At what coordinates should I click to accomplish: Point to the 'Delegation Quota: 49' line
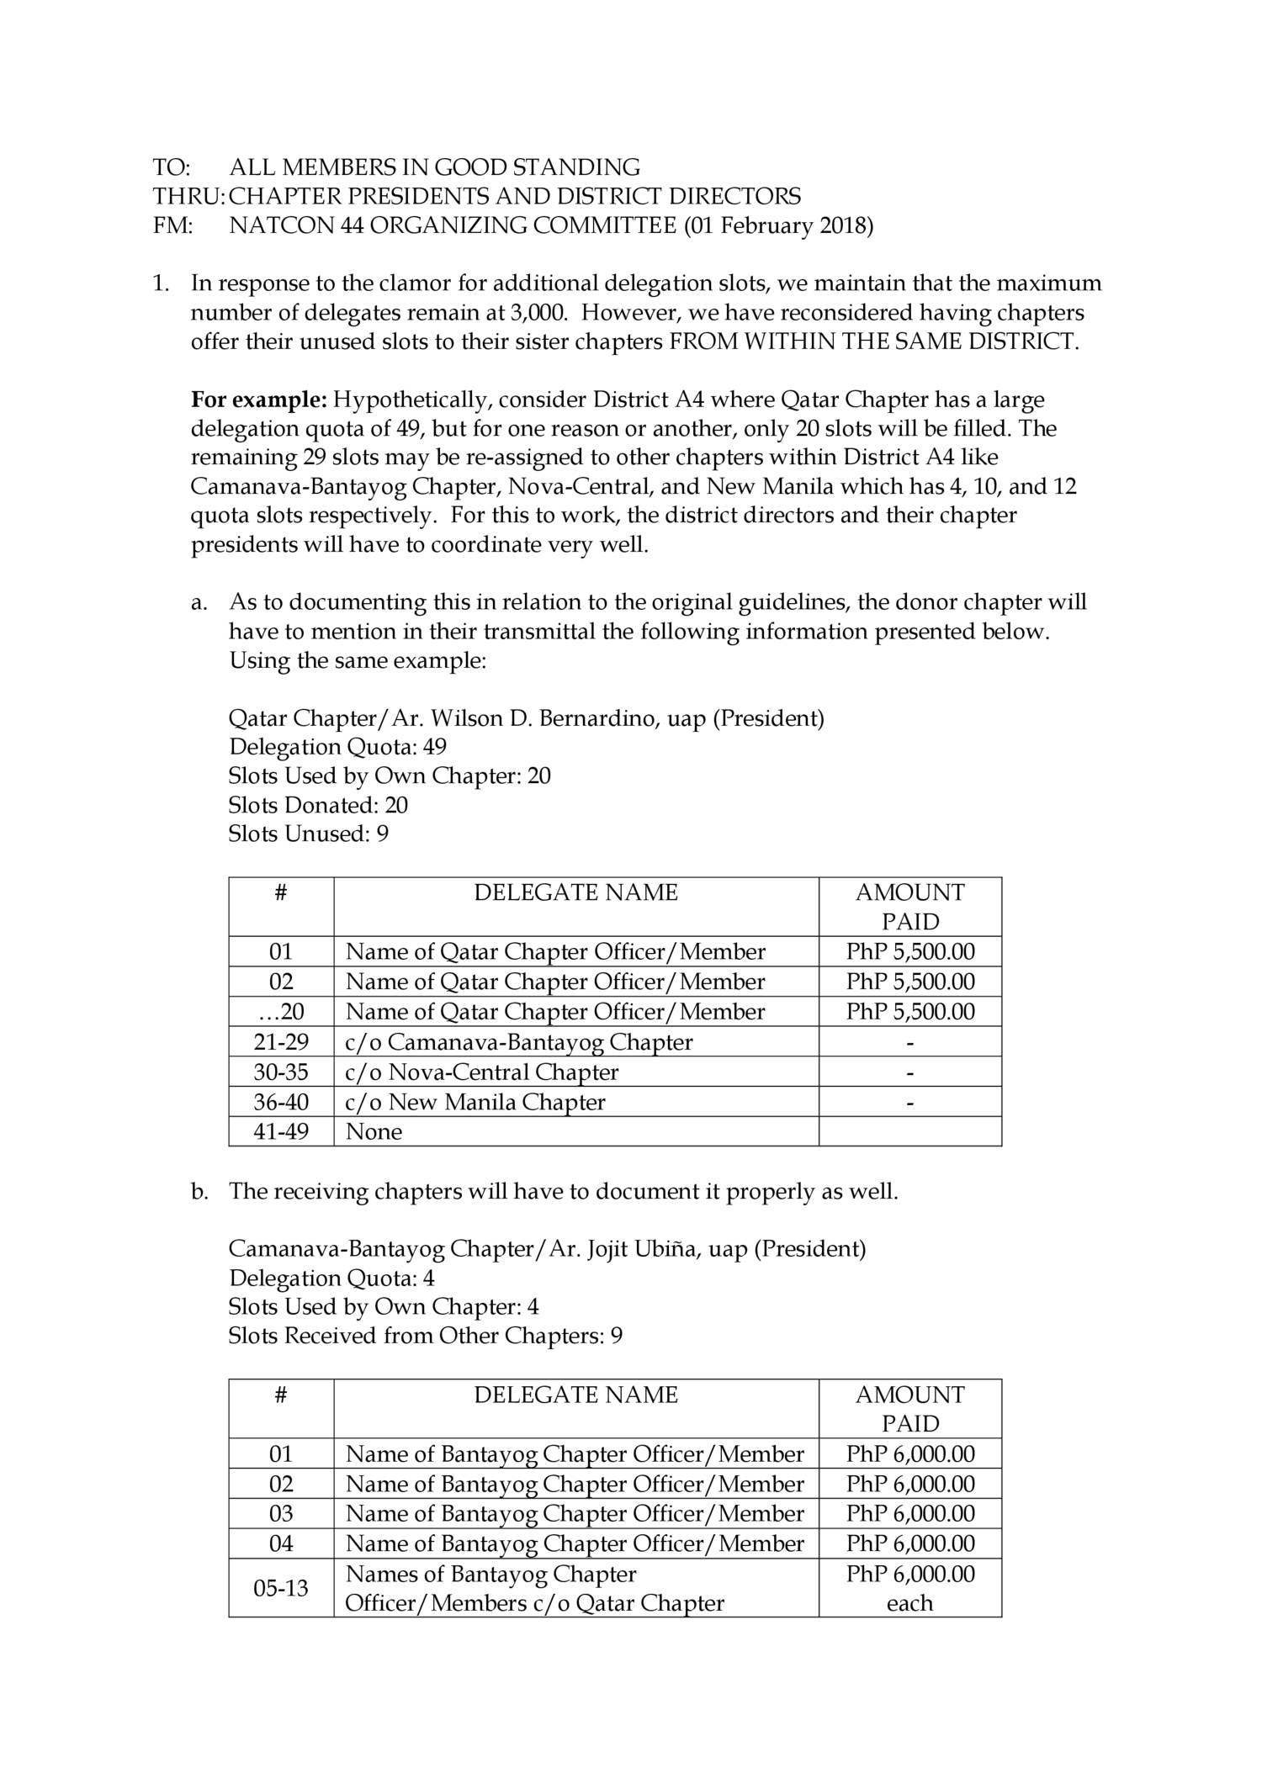(337, 747)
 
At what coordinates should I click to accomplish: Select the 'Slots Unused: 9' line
(308, 834)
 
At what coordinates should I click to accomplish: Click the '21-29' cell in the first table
(281, 1042)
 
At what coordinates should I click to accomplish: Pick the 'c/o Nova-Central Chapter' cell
(482, 1072)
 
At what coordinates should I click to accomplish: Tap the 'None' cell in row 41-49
(374, 1131)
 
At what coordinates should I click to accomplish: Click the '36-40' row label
(281, 1102)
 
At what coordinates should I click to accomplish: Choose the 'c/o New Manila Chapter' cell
(475, 1102)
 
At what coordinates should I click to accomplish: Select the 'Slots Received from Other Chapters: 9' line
(425, 1336)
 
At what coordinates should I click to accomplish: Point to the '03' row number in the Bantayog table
(281, 1514)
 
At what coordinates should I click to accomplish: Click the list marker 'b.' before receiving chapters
(199, 1192)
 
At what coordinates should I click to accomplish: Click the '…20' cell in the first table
(281, 1012)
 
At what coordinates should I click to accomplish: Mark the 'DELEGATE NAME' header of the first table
(575, 892)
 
